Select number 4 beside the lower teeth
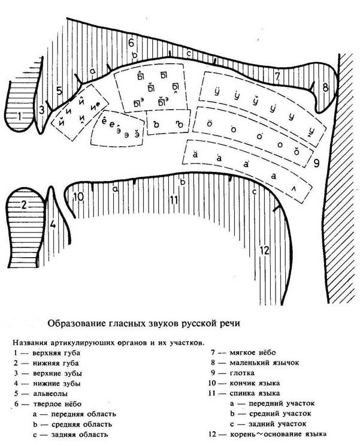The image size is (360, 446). [x=53, y=225]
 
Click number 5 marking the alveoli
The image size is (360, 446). [x=58, y=91]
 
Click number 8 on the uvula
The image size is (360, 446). [x=325, y=88]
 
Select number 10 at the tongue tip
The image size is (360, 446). [x=78, y=196]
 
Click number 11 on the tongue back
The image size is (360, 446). [x=174, y=200]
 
